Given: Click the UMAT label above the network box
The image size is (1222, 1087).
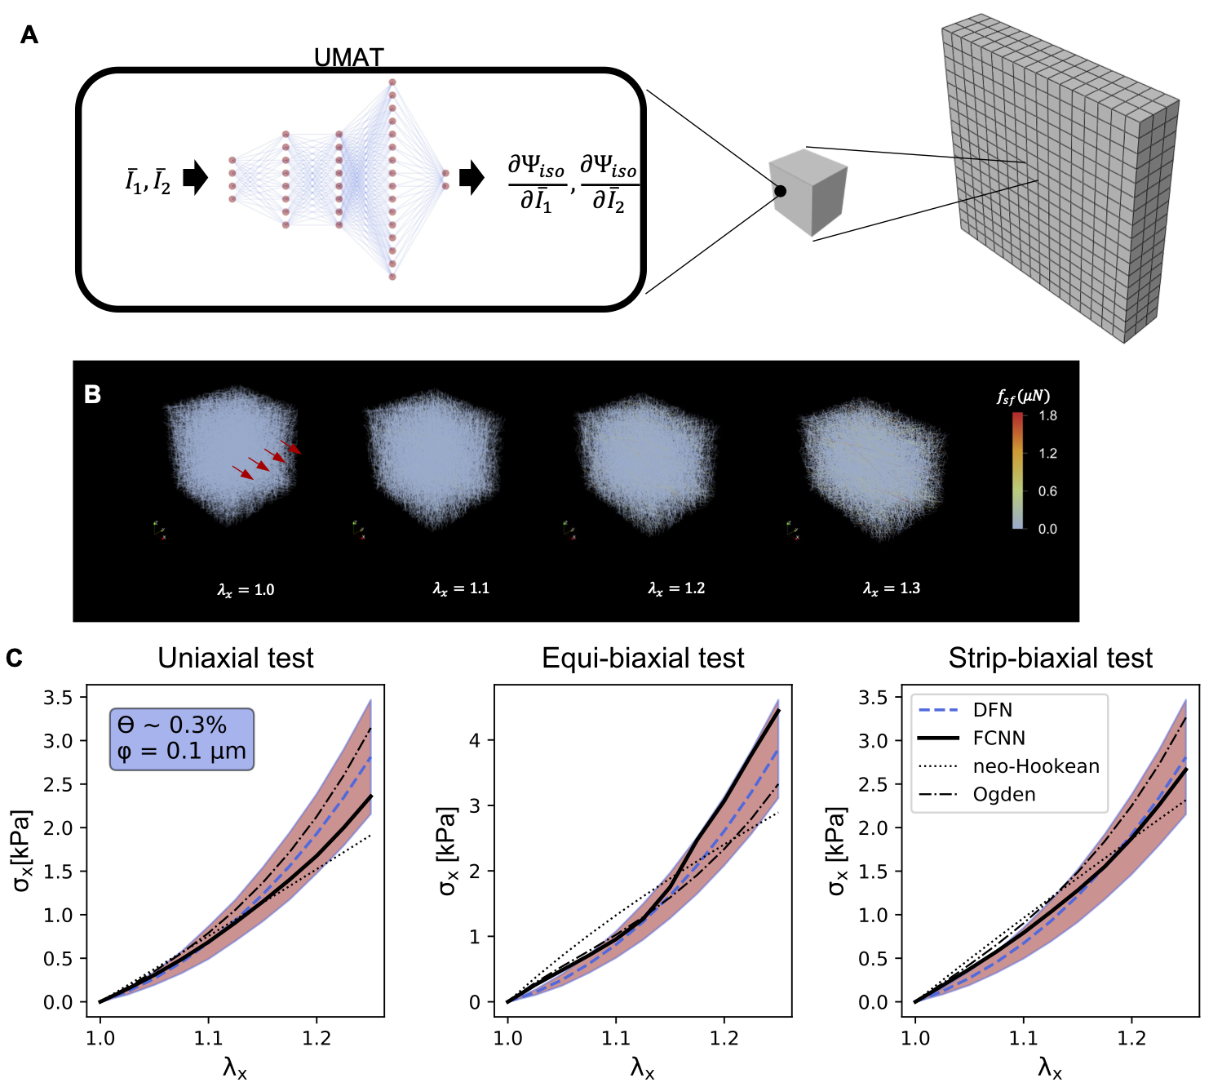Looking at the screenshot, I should coord(348,58).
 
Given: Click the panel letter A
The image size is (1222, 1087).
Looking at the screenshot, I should coord(29,35).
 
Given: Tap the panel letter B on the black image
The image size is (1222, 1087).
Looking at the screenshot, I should coord(93,394).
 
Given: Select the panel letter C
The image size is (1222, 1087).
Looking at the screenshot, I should coord(14,658).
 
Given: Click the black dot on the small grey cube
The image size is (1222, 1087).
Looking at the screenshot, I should coord(780,191).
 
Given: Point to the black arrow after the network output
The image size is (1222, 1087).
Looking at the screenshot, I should coord(472,177).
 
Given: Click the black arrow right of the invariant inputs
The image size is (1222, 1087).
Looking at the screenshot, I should coord(195,177).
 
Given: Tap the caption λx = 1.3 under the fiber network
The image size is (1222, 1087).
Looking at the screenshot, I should coord(892,588).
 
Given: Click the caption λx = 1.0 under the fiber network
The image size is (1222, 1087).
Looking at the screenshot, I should coord(246,589).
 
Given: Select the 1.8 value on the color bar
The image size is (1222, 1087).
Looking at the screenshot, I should coord(1047,416).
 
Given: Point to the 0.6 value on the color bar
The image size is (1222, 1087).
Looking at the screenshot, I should coord(1047,491).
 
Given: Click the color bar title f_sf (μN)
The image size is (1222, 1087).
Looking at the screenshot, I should coord(1023,397).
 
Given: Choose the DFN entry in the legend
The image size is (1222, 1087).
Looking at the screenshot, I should coord(992,710).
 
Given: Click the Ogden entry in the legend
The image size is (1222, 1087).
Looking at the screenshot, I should coord(1003,794).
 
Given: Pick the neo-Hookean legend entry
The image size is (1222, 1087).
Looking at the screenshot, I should coord(1035,766).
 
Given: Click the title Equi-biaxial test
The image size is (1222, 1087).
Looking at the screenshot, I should coord(643,658).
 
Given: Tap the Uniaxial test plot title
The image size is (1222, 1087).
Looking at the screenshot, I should coord(235,658).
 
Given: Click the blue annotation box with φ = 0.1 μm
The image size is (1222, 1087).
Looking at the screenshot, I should coord(182,739).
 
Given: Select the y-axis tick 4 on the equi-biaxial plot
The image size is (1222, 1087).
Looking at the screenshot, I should coord(474,741).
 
